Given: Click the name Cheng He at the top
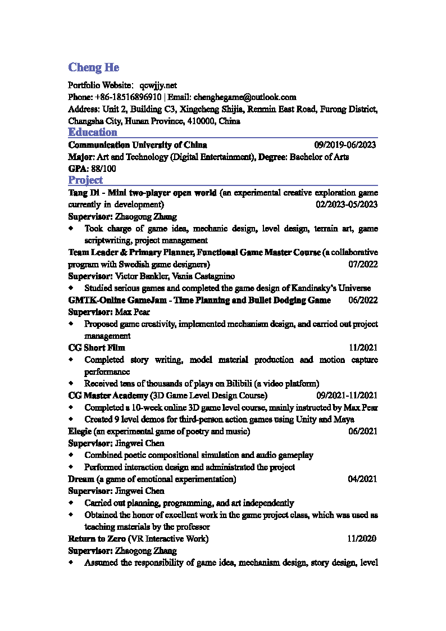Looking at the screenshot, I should (x=93, y=67).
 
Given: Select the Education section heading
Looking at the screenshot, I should (x=93, y=133).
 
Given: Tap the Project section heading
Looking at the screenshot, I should (x=85, y=180).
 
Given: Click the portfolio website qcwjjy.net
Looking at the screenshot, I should (x=158, y=85).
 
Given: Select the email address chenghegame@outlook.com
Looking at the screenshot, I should (x=245, y=97).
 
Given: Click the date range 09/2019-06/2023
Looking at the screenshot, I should (x=345, y=145).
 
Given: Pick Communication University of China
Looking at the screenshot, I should (x=138, y=145).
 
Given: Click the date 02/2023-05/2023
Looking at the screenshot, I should (x=347, y=205).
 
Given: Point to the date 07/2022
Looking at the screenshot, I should (x=363, y=264).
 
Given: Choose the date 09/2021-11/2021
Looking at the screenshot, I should (x=347, y=396).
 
